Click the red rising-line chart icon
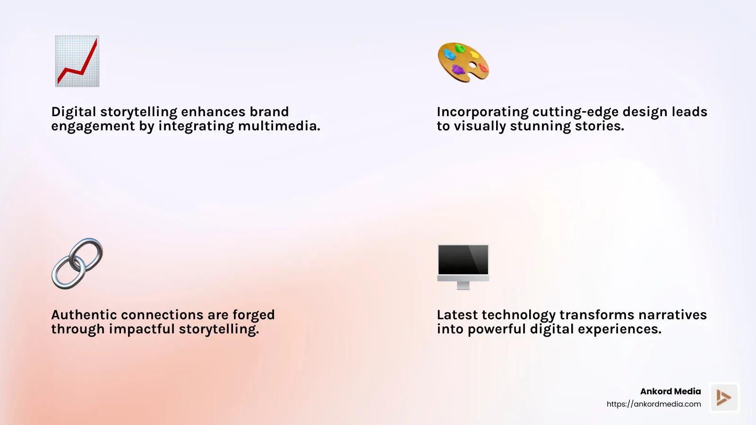click(77, 61)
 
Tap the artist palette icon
click(463, 62)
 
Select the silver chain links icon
click(77, 263)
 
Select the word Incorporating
click(482, 112)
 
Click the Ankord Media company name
click(670, 391)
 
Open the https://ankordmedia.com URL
click(653, 404)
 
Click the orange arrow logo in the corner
click(724, 398)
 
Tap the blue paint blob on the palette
click(449, 55)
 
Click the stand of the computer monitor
click(463, 285)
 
